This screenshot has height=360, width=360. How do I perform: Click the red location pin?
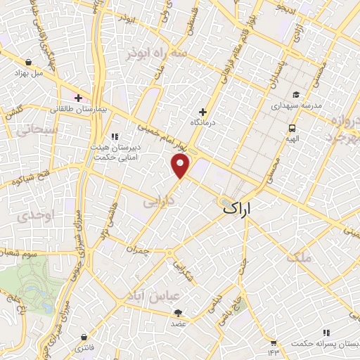point(181,167)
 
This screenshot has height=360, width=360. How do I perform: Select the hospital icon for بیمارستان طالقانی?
point(78,98)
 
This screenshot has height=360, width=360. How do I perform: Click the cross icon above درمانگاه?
point(202,112)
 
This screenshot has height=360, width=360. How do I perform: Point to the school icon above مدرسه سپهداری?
point(296,94)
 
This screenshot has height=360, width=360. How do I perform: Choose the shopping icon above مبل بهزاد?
point(28,62)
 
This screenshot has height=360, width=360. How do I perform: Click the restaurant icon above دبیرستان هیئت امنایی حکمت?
point(115,137)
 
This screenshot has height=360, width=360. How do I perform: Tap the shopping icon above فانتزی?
point(84,337)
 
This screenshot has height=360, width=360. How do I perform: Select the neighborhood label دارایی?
point(158,203)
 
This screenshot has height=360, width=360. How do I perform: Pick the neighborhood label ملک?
point(300,258)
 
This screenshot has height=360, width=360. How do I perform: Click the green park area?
point(28,285)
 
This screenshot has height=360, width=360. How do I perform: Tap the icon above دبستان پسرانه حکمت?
point(326,332)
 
